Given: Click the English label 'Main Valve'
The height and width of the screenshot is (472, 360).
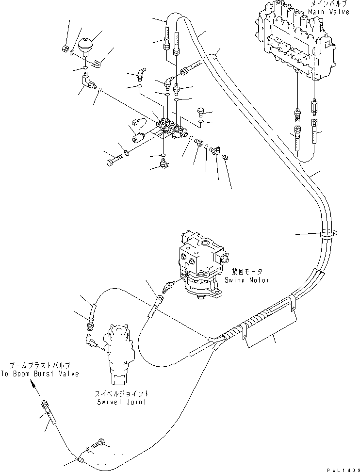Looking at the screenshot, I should pos(331,12).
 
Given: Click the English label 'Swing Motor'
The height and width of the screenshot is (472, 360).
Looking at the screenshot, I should pos(247,280).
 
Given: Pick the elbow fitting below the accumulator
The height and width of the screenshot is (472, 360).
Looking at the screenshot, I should pos(88,80).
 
